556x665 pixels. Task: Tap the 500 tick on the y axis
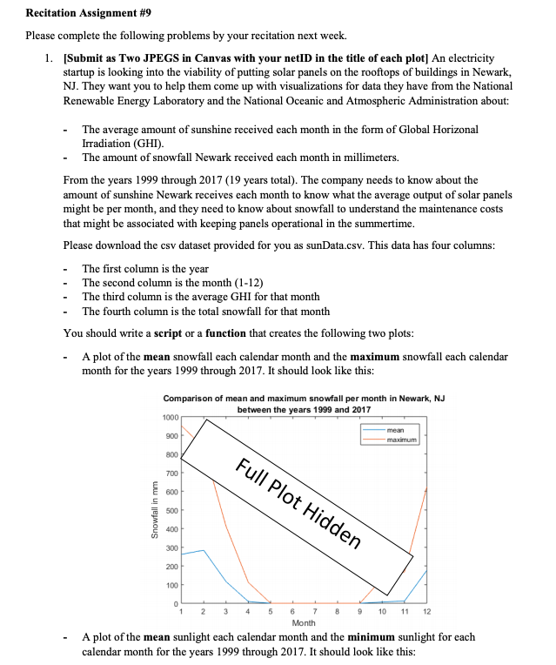(x=171, y=510)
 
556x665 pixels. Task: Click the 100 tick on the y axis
(x=171, y=584)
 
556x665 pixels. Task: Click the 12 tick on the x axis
(x=426, y=612)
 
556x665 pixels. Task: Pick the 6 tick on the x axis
(x=291, y=612)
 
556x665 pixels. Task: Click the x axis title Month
(x=304, y=623)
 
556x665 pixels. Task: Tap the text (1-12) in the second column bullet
(x=246, y=282)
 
